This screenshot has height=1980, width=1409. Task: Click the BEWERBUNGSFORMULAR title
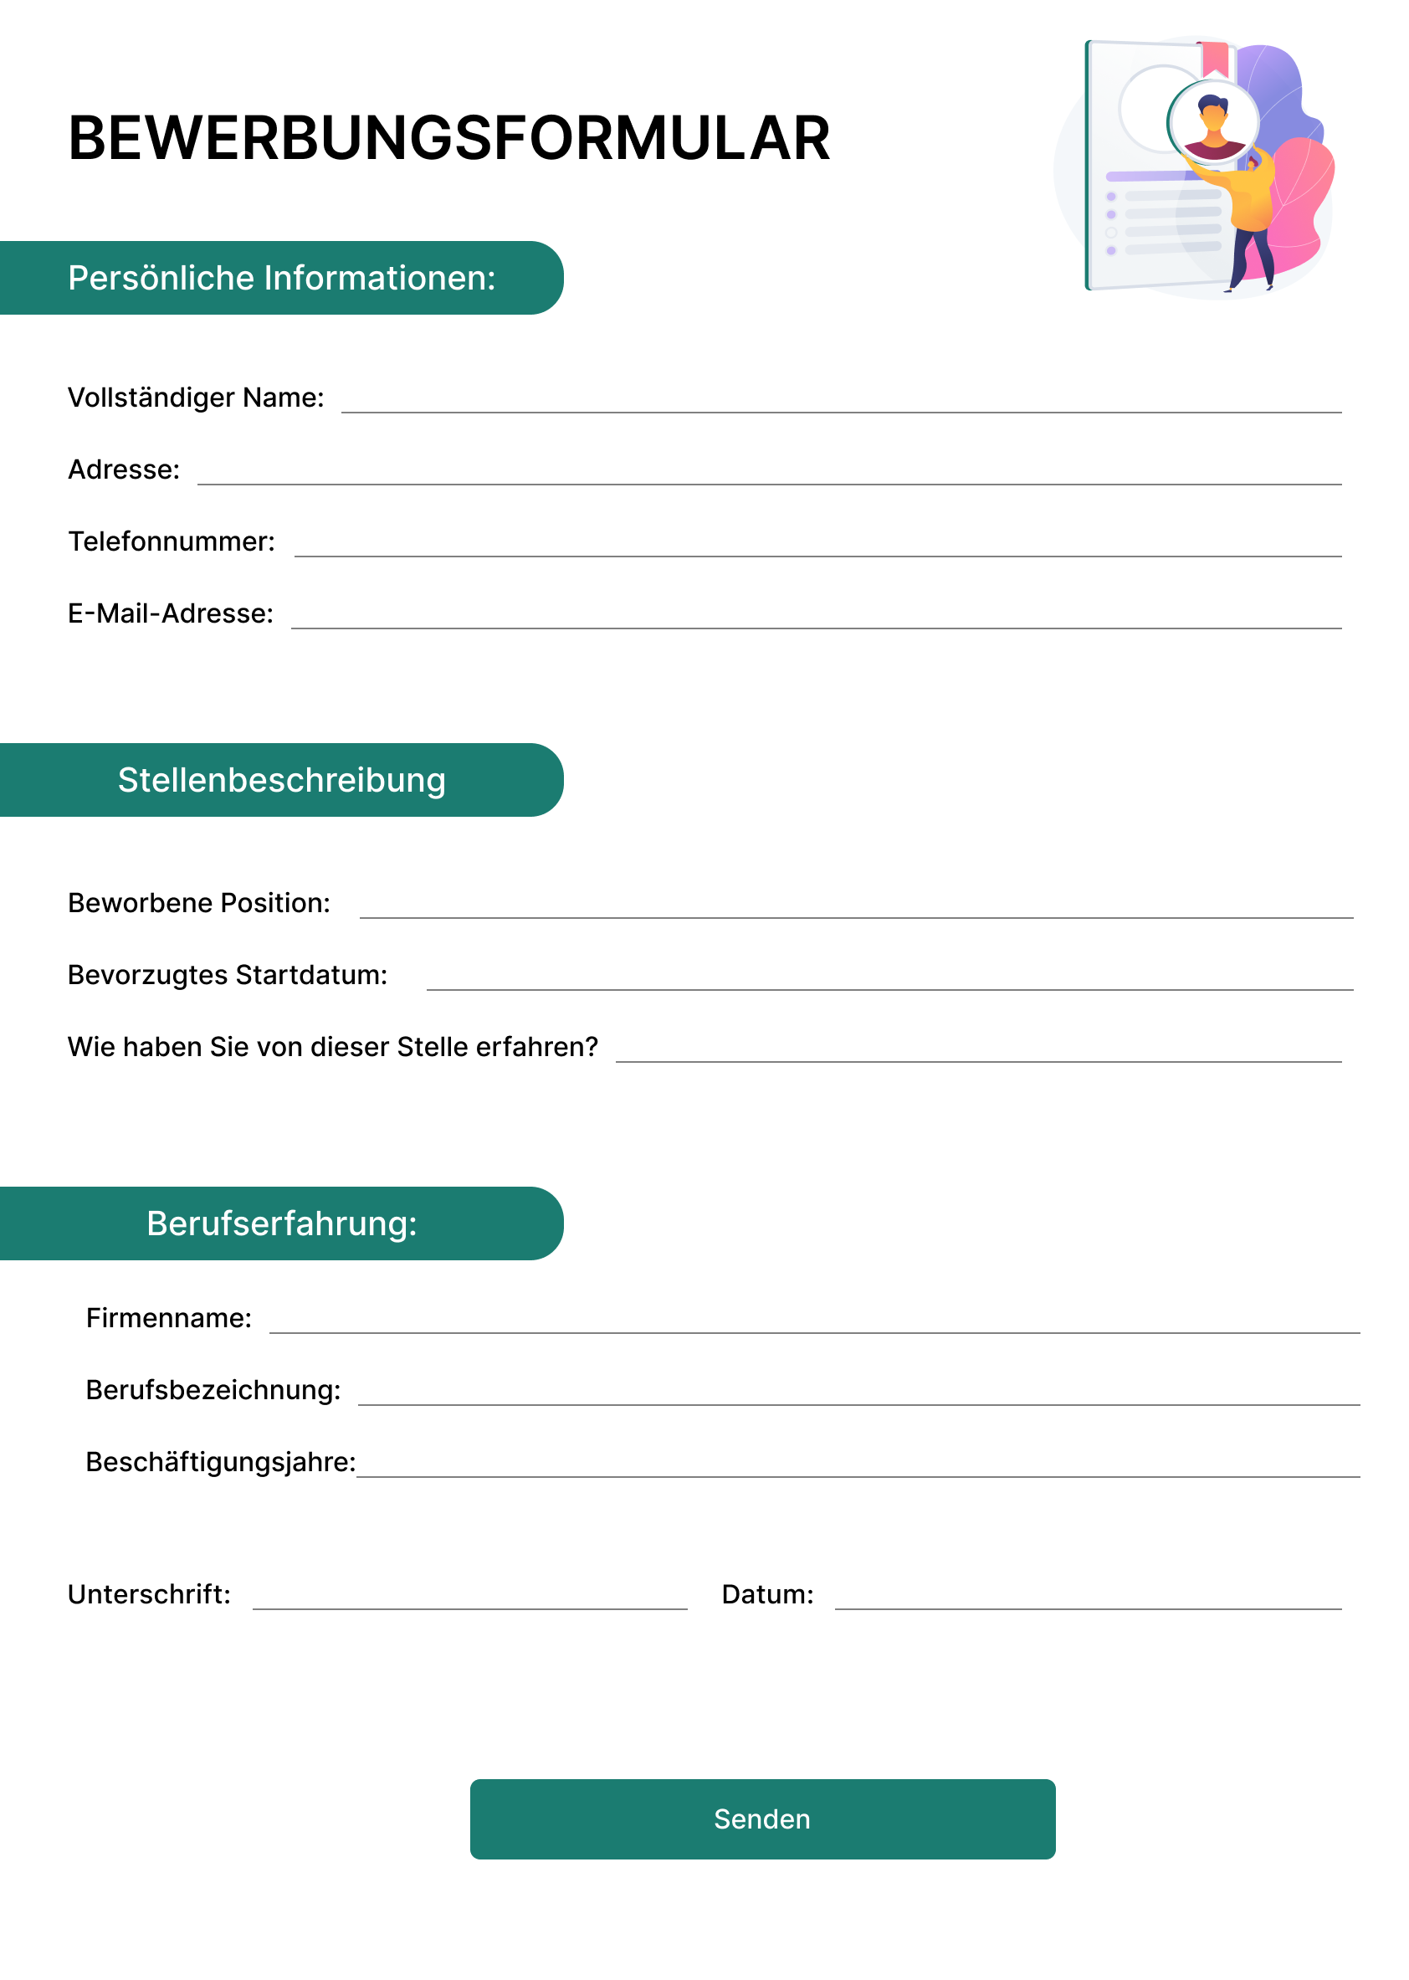448,138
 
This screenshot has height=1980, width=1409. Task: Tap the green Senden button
761,1818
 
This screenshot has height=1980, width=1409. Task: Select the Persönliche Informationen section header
281,278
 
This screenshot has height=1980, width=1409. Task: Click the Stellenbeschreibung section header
281,780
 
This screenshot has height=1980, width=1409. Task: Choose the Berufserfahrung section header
281,1223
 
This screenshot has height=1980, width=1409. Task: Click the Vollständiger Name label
196,398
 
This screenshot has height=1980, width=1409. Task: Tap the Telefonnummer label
172,541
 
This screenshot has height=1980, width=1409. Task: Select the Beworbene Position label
198,903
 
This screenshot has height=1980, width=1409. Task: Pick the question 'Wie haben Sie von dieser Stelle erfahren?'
333,1047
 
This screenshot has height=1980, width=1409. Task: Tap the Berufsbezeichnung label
213,1390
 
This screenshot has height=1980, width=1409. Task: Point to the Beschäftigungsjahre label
220,1462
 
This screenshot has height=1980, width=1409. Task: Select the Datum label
767,1595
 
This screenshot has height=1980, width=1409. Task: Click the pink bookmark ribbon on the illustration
1215,58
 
